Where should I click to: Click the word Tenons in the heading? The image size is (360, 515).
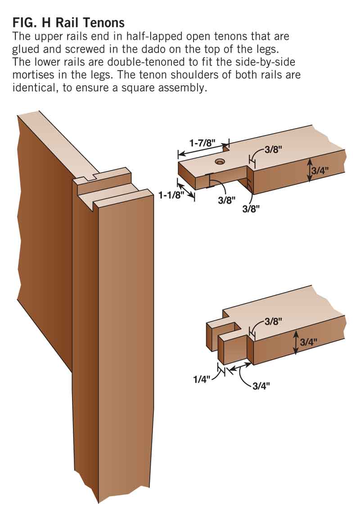click(x=103, y=22)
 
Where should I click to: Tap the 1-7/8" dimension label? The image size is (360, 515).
click(x=202, y=143)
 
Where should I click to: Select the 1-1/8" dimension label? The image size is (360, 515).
click(x=170, y=195)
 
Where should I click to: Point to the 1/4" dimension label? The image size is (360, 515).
click(x=201, y=380)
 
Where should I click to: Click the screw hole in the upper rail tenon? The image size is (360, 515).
click(x=220, y=161)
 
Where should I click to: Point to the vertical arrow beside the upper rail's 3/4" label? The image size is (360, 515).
click(x=309, y=170)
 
